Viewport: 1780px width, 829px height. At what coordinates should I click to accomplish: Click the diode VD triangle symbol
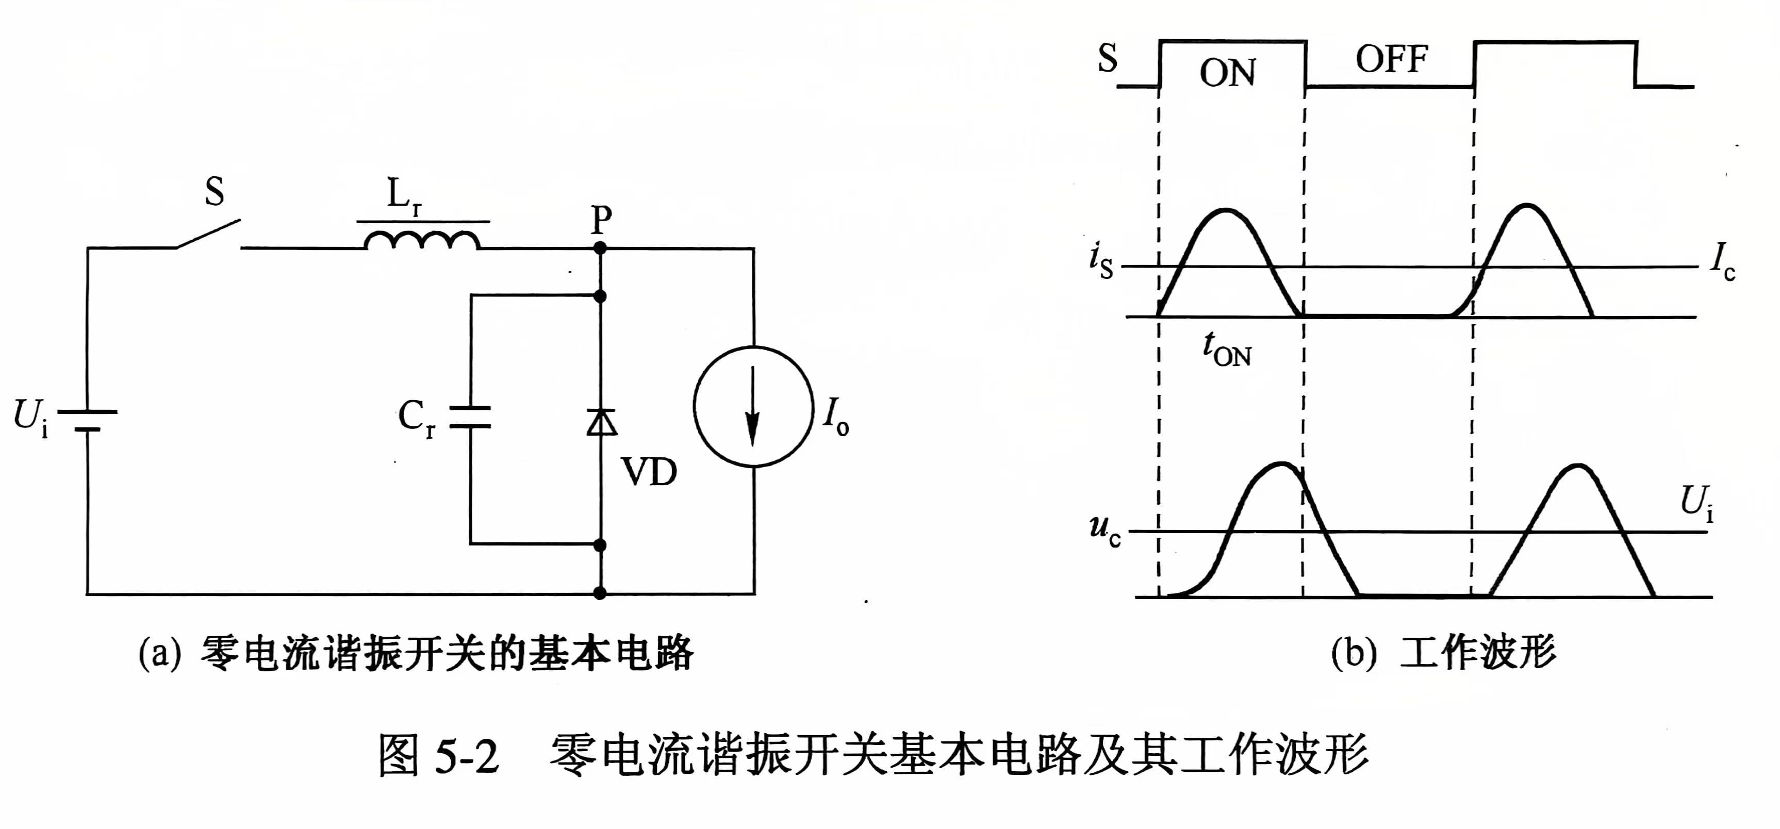[x=601, y=421]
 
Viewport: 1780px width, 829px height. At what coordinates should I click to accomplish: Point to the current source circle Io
[x=753, y=407]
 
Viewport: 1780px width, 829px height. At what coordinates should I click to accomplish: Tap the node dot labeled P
[x=601, y=247]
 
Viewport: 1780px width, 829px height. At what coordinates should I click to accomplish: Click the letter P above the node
[x=601, y=220]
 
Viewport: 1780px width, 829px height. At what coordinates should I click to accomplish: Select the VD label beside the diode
[x=649, y=473]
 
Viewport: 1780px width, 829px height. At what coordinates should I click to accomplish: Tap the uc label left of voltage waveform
[x=1104, y=530]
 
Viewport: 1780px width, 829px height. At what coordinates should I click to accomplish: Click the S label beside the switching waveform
[x=1107, y=58]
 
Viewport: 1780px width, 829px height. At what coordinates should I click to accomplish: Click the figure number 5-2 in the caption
[x=467, y=755]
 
